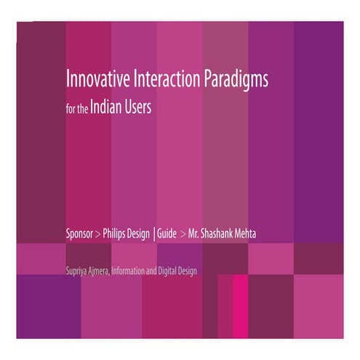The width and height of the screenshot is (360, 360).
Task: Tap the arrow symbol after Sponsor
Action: (98, 235)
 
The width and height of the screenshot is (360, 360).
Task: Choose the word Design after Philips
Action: (141, 235)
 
